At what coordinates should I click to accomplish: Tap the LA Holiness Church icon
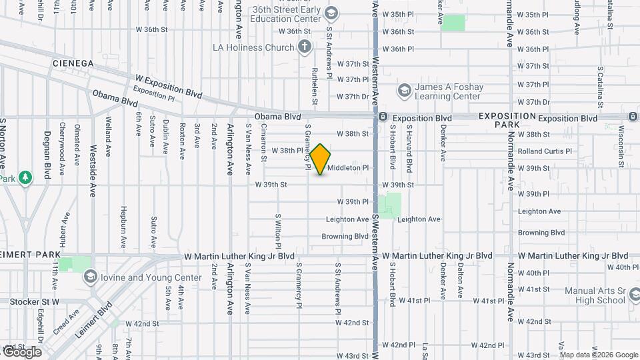pyautogui.click(x=305, y=47)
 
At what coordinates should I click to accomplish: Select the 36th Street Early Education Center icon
pyautogui.click(x=330, y=13)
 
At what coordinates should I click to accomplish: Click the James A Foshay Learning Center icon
pyautogui.click(x=404, y=91)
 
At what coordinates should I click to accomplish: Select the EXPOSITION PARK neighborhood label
pyautogui.click(x=507, y=121)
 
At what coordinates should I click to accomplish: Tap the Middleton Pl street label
pyautogui.click(x=348, y=168)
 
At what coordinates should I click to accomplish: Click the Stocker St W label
pyautogui.click(x=35, y=302)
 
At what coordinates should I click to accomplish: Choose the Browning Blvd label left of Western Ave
pyautogui.click(x=345, y=236)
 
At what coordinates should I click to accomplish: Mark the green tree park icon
pyautogui.click(x=25, y=177)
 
